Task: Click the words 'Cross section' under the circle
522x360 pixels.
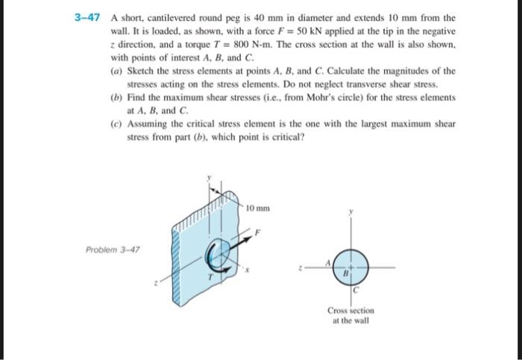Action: [350, 311]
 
